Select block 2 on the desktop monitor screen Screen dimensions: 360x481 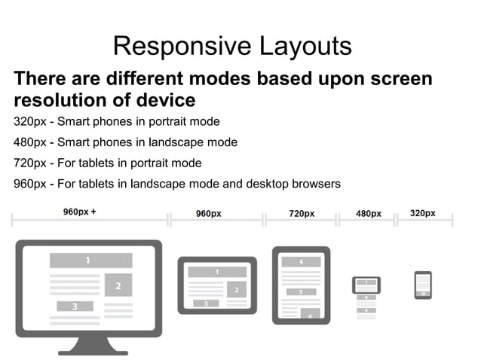point(118,285)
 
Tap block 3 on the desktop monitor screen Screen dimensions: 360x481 point(75,307)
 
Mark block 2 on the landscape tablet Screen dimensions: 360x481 point(237,289)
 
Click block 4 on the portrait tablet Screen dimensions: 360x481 point(301,261)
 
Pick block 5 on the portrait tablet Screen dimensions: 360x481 point(301,291)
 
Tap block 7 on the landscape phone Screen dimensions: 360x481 point(366,284)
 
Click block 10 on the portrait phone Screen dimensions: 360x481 point(423,293)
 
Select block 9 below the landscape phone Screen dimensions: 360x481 point(366,310)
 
